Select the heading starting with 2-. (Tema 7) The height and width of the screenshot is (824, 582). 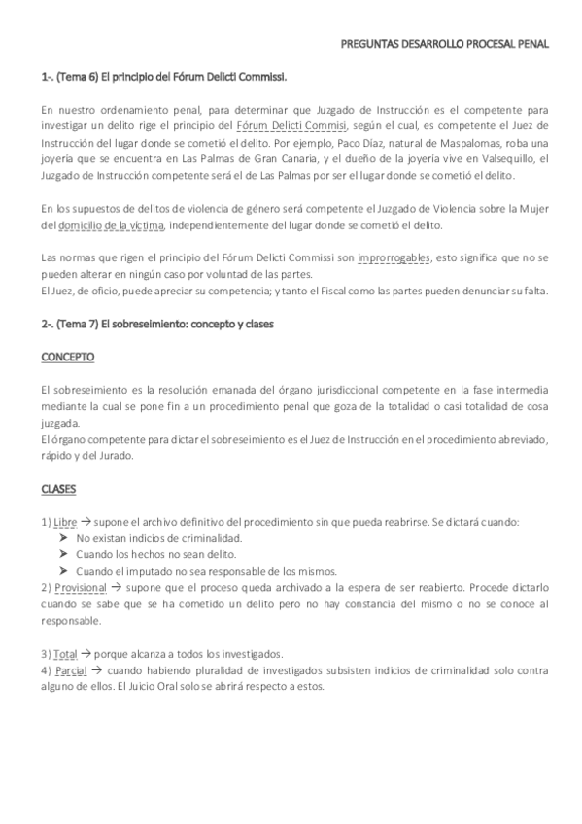[157, 324]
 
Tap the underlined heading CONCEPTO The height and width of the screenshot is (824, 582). [67, 357]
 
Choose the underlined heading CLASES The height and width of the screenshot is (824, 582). [58, 489]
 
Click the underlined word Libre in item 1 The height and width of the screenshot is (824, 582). [66, 522]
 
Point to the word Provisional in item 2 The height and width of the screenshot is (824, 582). [80, 588]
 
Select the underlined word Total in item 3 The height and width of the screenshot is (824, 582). [66, 654]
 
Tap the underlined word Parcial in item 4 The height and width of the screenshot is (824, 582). [71, 670]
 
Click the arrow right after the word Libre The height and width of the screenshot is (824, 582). [87, 522]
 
